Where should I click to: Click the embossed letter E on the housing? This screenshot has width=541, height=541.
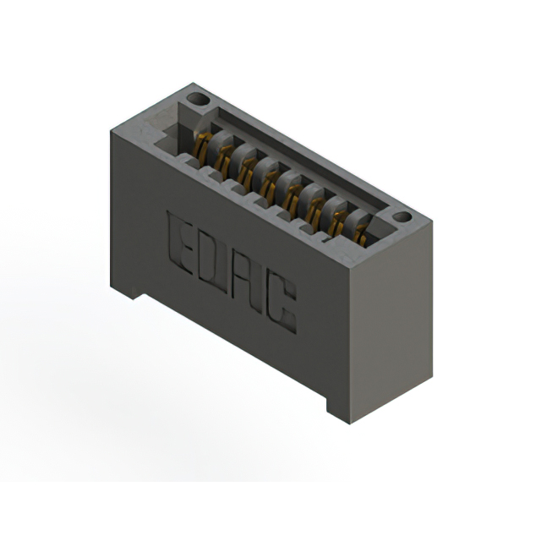pyautogui.click(x=179, y=243)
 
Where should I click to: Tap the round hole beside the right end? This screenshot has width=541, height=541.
pyautogui.click(x=402, y=217)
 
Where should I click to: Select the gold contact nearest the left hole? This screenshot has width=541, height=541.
pyautogui.click(x=202, y=150)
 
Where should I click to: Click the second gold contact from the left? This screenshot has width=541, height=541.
pyautogui.click(x=224, y=161)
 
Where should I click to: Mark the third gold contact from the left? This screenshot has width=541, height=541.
pyautogui.click(x=247, y=173)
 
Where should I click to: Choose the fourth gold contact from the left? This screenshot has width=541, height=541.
pyautogui.click(x=270, y=185)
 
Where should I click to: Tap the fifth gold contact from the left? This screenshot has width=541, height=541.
pyautogui.click(x=292, y=198)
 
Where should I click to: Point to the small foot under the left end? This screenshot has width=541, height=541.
pyautogui.click(x=127, y=290)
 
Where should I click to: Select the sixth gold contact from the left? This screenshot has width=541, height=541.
pyautogui.click(x=315, y=211)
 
